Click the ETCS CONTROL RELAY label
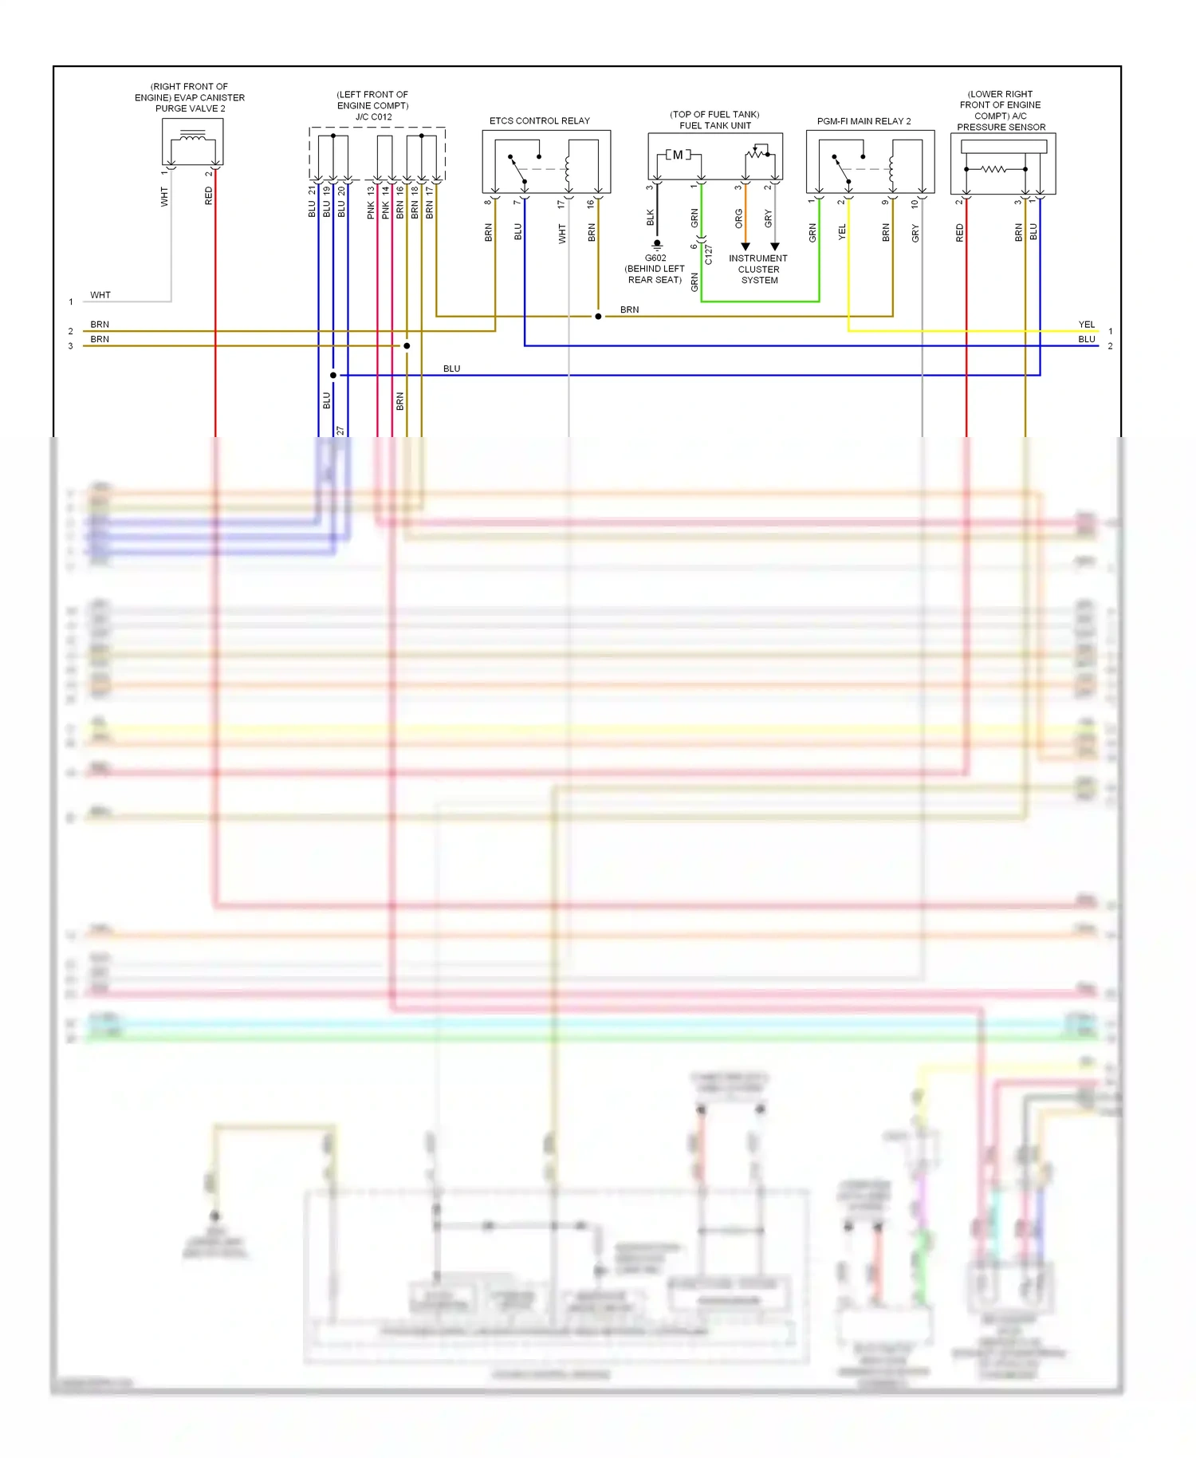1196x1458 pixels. pyautogui.click(x=539, y=121)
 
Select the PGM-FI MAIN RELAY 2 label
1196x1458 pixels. pyautogui.click(x=864, y=121)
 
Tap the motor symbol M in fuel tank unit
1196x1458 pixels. pyautogui.click(x=678, y=155)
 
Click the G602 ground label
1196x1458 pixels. pyautogui.click(x=655, y=258)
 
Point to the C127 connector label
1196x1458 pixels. pyautogui.click(x=709, y=254)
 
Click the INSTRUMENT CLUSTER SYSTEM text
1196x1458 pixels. pyautogui.click(x=758, y=270)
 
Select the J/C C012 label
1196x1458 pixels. pyautogui.click(x=373, y=116)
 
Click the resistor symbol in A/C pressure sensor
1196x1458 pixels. pyautogui.click(x=993, y=169)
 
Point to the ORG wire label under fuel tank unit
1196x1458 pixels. pyautogui.click(x=739, y=219)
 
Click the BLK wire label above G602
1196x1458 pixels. pyautogui.click(x=651, y=218)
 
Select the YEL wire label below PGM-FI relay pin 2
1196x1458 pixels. pyautogui.click(x=843, y=233)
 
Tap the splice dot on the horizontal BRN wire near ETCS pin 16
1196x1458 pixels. pyautogui.click(x=598, y=317)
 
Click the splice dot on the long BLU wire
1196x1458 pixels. pyautogui.click(x=333, y=375)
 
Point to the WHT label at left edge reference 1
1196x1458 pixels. pyautogui.click(x=100, y=295)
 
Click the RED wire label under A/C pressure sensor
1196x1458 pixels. pyautogui.click(x=960, y=233)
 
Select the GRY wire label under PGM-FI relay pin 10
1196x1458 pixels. pyautogui.click(x=916, y=233)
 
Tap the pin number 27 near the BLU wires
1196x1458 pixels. pyautogui.click(x=340, y=431)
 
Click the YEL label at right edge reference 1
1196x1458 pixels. pyautogui.click(x=1086, y=325)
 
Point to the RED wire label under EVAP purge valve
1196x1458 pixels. pyautogui.click(x=209, y=196)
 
